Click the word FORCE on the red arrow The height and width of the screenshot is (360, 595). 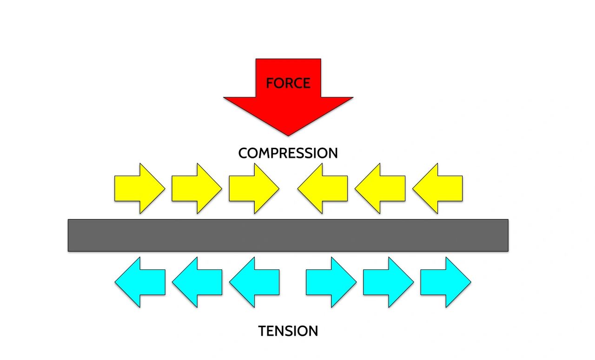coord(288,83)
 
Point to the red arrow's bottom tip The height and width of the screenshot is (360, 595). coord(288,135)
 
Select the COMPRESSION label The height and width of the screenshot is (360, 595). coord(288,153)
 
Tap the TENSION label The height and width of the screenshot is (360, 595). coord(288,331)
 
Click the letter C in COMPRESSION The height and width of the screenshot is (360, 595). coord(244,153)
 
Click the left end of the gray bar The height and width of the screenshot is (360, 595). coord(72,236)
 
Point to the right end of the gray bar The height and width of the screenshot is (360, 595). coord(504,236)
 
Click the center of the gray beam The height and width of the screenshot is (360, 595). coord(288,236)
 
